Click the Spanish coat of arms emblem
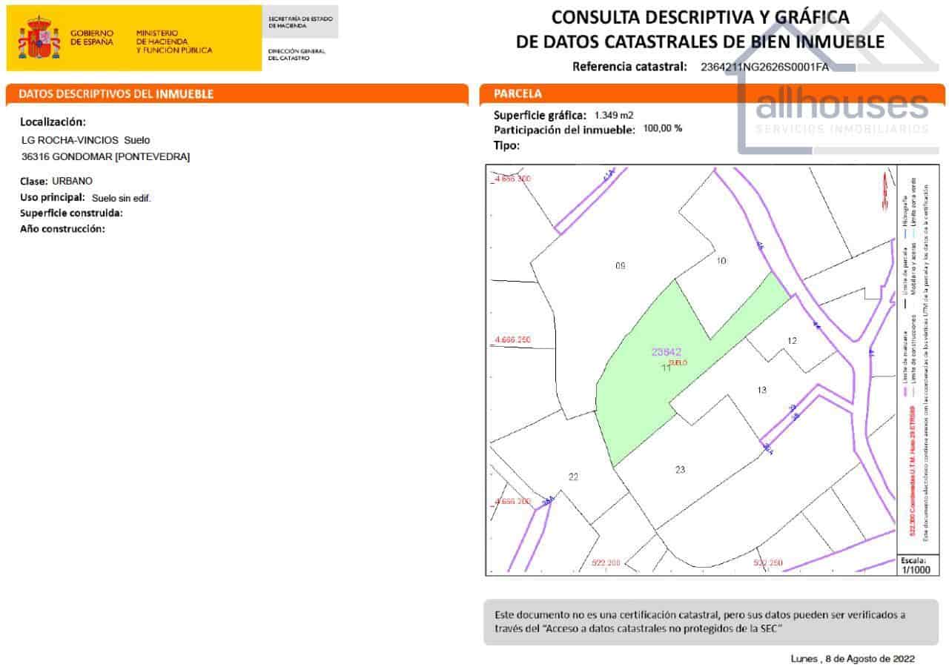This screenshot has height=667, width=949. pyautogui.click(x=39, y=39)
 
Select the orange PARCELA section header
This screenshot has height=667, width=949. pyautogui.click(x=518, y=94)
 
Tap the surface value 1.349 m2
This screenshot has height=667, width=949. pyautogui.click(x=614, y=115)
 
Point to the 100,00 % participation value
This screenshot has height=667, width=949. pyautogui.click(x=663, y=128)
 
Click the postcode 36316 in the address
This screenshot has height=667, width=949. pyautogui.click(x=36, y=156)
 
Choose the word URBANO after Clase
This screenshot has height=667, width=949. pyautogui.click(x=73, y=181)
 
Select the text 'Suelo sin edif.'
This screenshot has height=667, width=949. pyautogui.click(x=121, y=198)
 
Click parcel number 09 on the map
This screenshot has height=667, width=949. pyautogui.click(x=621, y=265)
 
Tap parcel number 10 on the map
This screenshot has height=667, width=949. pyautogui.click(x=721, y=260)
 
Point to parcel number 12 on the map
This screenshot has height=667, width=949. pyautogui.click(x=792, y=340)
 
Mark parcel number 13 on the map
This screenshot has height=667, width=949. pyautogui.click(x=761, y=390)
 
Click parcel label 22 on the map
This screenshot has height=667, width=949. pyautogui.click(x=573, y=477)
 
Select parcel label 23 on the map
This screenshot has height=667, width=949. pyautogui.click(x=681, y=469)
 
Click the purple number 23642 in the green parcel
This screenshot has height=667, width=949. pyautogui.click(x=666, y=352)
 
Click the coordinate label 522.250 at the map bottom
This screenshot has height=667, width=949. pyautogui.click(x=769, y=563)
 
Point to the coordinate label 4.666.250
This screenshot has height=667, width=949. pyautogui.click(x=513, y=340)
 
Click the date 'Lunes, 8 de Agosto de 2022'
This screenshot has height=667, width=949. pyautogui.click(x=853, y=658)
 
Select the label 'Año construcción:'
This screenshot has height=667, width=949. pyautogui.click(x=62, y=229)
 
